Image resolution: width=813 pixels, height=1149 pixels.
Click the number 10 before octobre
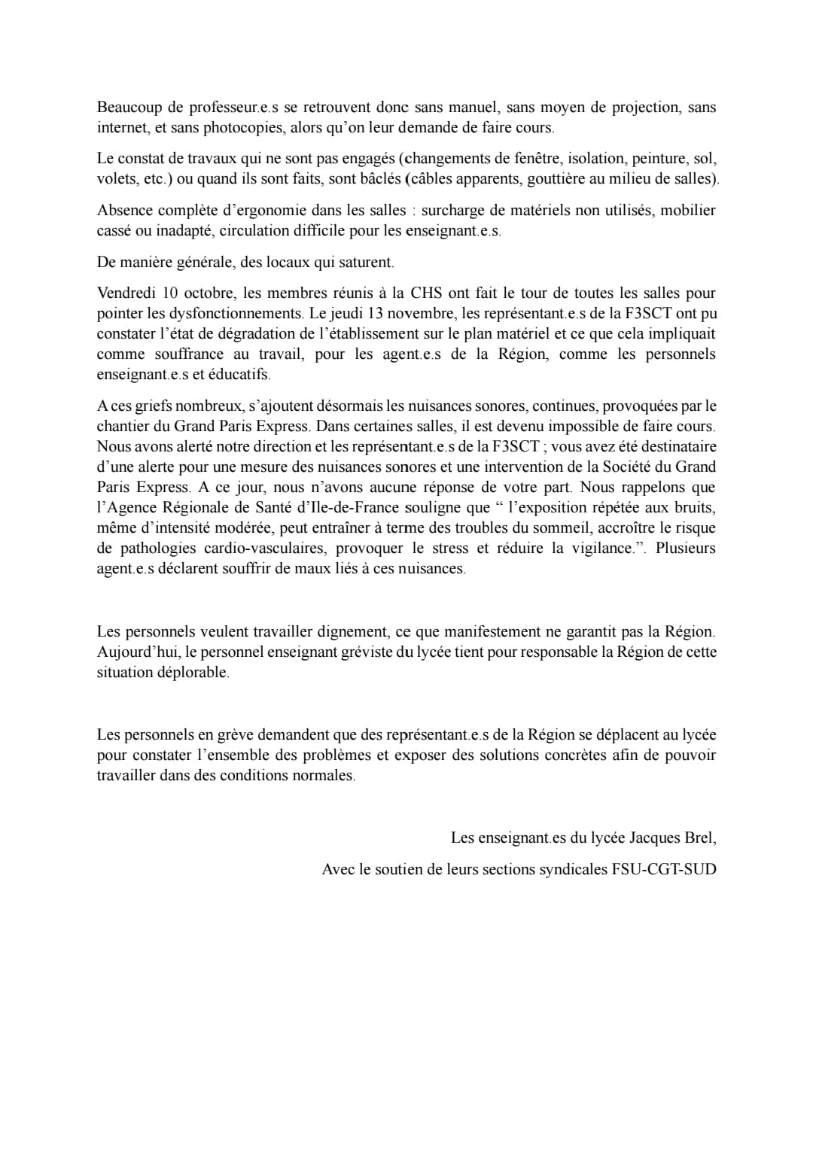[x=170, y=293]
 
